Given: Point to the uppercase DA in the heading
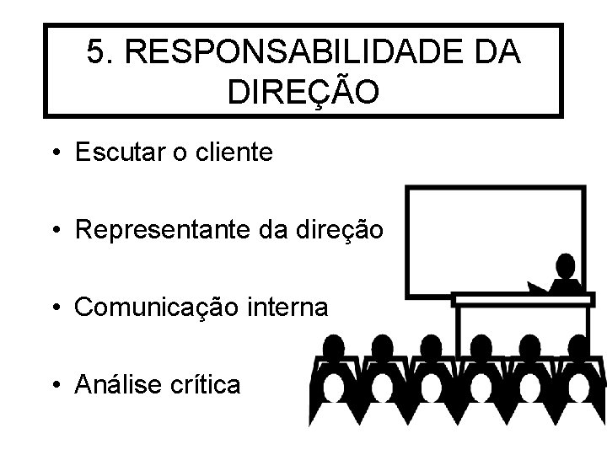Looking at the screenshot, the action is [497, 54].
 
